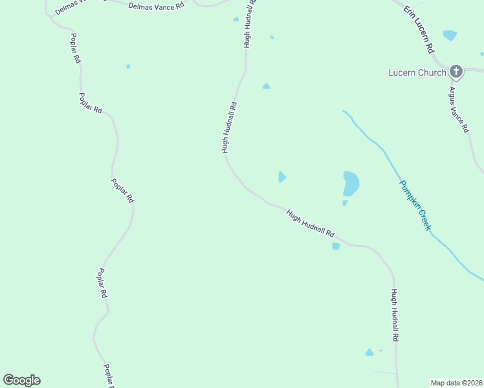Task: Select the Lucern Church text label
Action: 417,72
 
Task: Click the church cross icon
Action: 456,71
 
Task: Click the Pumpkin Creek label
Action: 415,206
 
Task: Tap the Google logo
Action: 21,380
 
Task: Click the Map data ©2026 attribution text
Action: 457,383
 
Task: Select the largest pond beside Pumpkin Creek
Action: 351,183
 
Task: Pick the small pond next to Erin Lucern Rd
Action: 450,35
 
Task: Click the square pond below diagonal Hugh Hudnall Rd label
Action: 336,246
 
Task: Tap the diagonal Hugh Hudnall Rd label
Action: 311,224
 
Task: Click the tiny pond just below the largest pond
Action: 345,203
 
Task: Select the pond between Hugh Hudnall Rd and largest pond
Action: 281,177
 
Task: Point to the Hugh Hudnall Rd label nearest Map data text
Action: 394,315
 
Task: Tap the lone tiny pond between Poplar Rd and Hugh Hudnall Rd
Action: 128,66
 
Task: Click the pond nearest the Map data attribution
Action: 369,352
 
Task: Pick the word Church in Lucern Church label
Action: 432,72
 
